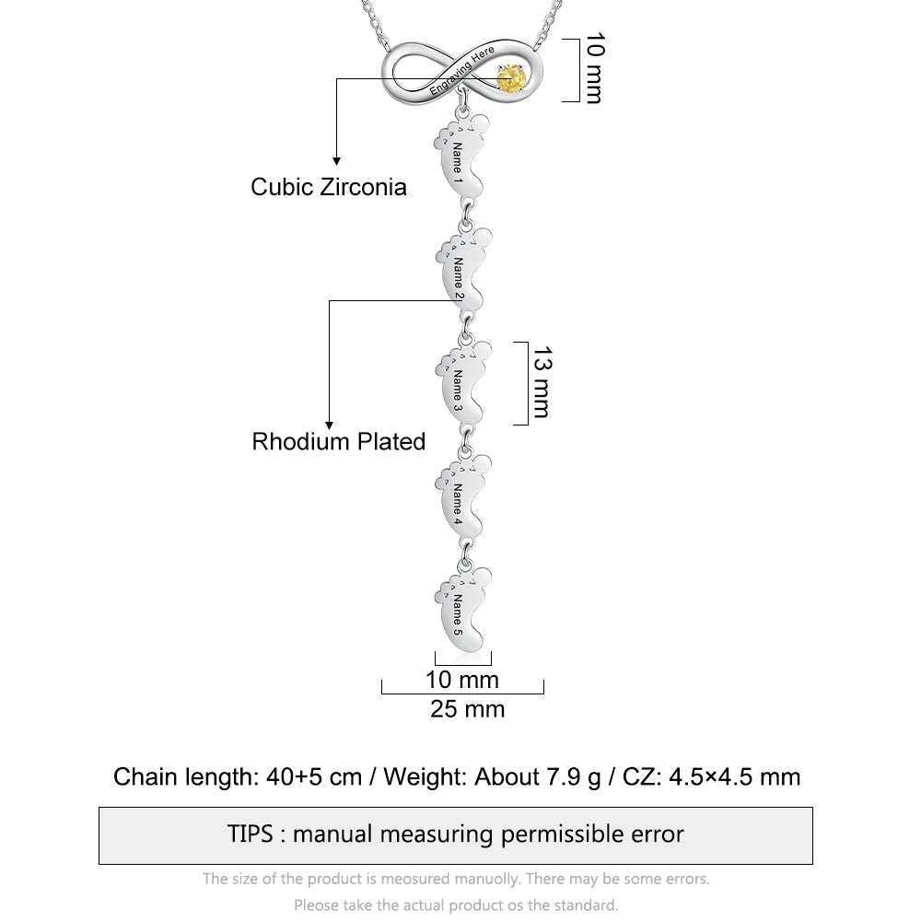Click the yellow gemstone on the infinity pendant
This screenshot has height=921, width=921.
[x=510, y=78]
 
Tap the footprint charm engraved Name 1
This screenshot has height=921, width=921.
[x=461, y=157]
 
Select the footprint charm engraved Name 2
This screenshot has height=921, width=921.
[x=463, y=270]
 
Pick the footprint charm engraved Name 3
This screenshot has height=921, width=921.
[x=463, y=383]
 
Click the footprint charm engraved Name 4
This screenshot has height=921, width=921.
[x=463, y=495]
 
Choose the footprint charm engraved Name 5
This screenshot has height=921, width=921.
[x=463, y=609]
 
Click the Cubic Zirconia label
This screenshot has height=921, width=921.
[x=329, y=187]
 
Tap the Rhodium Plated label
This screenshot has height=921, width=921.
[x=338, y=442]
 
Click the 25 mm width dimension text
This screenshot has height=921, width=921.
[x=468, y=709]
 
